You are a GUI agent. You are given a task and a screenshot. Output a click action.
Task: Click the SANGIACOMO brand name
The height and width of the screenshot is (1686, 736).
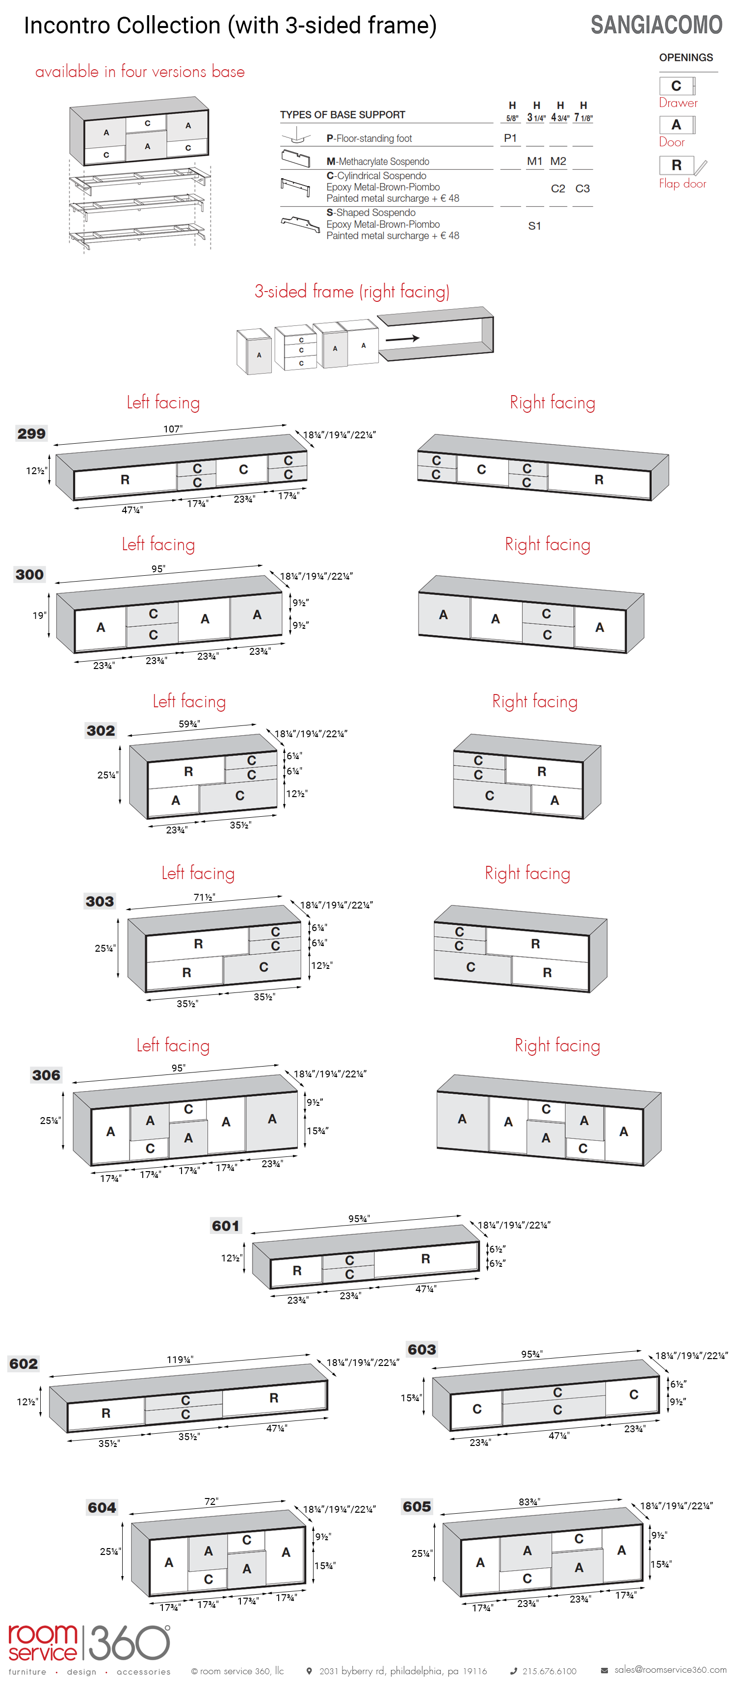656,25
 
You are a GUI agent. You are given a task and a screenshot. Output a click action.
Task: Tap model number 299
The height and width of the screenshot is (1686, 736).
31,433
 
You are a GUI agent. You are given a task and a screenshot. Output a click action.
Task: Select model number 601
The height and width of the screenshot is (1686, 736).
226,1226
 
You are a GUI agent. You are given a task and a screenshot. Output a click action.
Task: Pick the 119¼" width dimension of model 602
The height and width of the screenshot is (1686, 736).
180,1360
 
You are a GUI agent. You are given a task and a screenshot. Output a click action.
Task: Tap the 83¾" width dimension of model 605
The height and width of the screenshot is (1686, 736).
529,1501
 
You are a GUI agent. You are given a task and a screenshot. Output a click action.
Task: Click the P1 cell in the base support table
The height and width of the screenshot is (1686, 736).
510,138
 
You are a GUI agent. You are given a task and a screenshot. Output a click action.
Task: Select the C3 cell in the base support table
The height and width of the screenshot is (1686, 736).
582,188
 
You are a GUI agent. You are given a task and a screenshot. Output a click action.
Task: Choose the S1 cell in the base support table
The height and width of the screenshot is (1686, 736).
534,226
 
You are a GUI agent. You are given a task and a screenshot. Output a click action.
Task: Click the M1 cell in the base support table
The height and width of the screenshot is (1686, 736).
534,161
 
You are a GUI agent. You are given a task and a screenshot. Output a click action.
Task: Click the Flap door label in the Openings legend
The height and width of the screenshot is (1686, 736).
683,184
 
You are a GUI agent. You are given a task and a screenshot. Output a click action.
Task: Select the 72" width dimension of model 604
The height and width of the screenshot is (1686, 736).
211,1501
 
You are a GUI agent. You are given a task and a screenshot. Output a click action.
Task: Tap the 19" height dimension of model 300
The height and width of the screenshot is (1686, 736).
39,615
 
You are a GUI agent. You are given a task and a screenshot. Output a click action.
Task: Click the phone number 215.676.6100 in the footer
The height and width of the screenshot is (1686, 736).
549,1671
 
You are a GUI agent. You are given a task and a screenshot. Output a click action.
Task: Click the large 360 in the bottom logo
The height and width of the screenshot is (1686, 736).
130,1643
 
